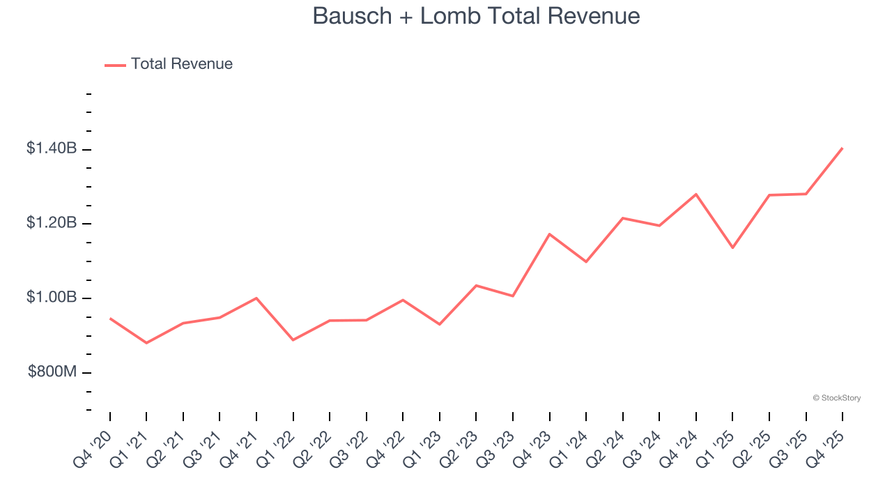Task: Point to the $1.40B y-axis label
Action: pyautogui.click(x=52, y=149)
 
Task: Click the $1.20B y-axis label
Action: pyautogui.click(x=52, y=223)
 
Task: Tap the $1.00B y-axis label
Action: pyautogui.click(x=52, y=298)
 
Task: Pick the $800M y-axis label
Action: pyautogui.click(x=52, y=372)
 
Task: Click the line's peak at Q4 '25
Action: pyautogui.click(x=843, y=148)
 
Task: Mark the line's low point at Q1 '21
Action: pyautogui.click(x=146, y=343)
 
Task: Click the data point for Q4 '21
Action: pyautogui.click(x=256, y=298)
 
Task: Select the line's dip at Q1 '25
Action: pyautogui.click(x=732, y=248)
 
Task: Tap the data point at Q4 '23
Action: pyautogui.click(x=550, y=234)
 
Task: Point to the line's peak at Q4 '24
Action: pyautogui.click(x=696, y=194)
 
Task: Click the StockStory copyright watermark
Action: pyautogui.click(x=836, y=398)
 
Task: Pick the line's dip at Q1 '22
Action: pyautogui.click(x=293, y=340)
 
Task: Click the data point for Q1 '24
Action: pyautogui.click(x=586, y=261)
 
